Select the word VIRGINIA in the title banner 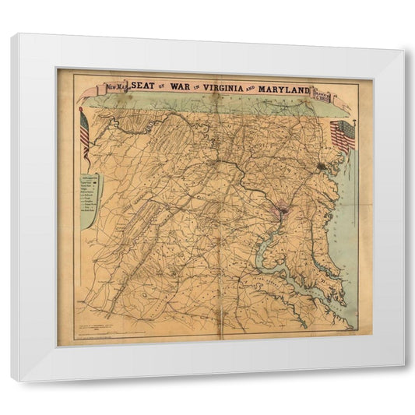click(x=232, y=88)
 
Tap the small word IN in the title click(x=204, y=88)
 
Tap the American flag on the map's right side click(x=343, y=135)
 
